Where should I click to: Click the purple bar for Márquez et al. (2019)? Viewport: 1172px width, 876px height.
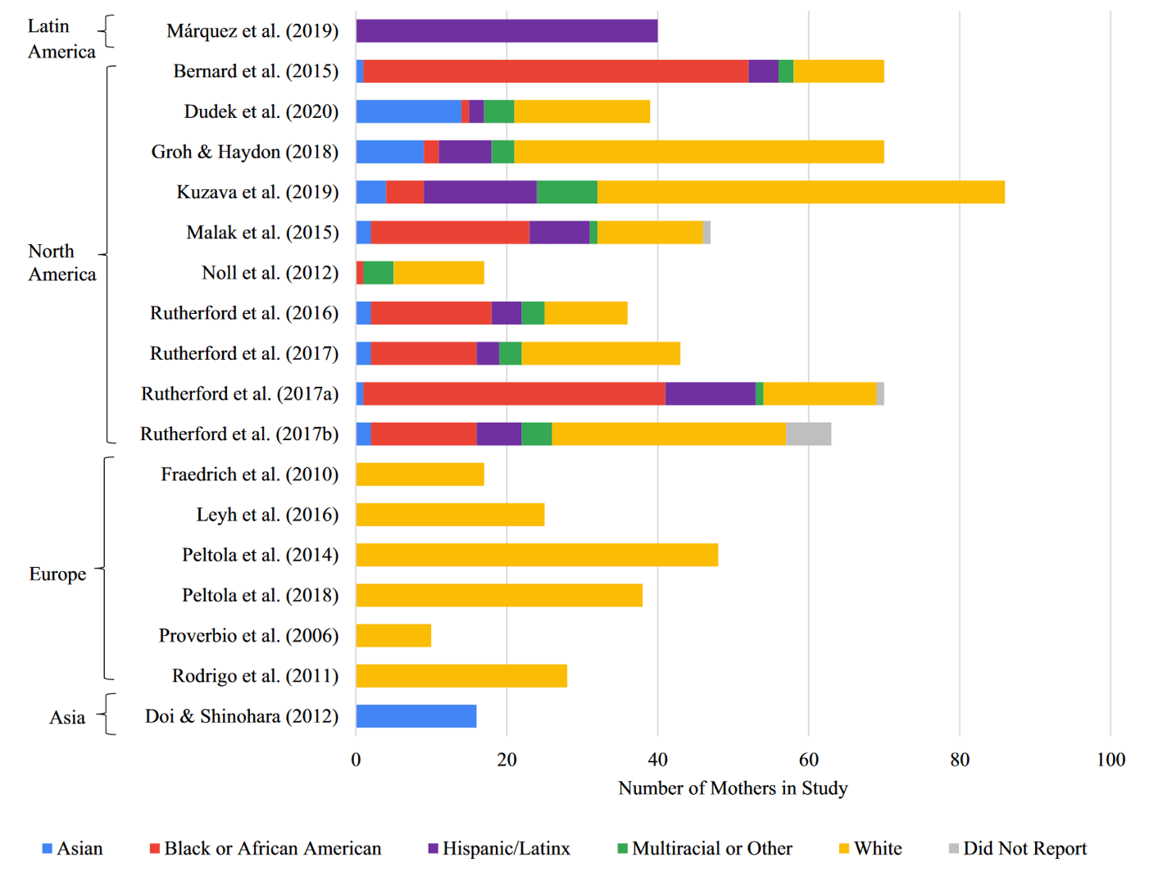507,31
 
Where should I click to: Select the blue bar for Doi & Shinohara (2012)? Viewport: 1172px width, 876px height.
416,716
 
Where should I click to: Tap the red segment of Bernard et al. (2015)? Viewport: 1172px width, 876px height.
556,71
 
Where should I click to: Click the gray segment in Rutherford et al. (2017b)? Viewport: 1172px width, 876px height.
808,434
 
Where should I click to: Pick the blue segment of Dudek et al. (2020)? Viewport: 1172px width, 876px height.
408,111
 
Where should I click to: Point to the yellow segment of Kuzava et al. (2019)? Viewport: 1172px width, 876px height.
801,192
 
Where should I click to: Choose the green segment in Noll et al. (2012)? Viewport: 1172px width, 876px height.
378,273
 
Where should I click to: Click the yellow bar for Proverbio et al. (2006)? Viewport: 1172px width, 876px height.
393,636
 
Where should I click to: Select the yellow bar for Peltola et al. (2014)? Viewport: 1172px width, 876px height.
537,555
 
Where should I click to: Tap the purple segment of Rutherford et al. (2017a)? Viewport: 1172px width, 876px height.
710,394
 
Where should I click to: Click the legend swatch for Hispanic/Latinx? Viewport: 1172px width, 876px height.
433,848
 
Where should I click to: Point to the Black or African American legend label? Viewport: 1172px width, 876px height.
272,848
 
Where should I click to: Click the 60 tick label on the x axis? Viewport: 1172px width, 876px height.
808,760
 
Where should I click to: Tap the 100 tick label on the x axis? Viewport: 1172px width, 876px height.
1111,760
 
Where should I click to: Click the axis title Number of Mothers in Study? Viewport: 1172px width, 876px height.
733,788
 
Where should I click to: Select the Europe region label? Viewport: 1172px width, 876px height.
57,574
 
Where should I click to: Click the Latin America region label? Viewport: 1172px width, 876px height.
61,39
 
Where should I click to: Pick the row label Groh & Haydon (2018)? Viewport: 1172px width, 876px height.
244,152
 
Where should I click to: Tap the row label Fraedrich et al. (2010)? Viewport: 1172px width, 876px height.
249,474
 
